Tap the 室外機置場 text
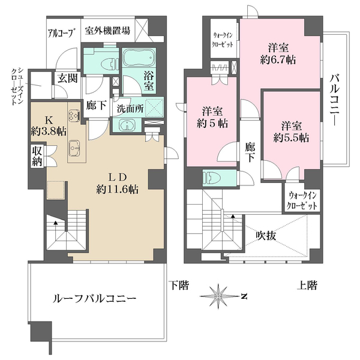point(109,31)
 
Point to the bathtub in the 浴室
point(137,59)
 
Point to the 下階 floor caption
point(176,284)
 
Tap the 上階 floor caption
point(307,284)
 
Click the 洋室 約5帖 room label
point(213,117)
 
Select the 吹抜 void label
point(263,235)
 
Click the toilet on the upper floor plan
point(213,177)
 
